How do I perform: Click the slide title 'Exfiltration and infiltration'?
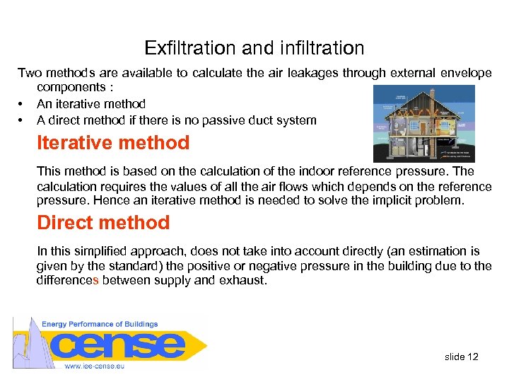[255, 48]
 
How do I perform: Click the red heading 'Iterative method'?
[113, 143]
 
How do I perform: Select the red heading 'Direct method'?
[103, 223]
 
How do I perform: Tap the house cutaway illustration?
[424, 124]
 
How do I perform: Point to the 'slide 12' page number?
[462, 357]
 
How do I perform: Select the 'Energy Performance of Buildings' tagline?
[100, 324]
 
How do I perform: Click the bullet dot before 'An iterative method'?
[22, 104]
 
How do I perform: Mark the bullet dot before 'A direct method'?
[22, 120]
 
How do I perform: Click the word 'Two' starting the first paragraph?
[30, 72]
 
